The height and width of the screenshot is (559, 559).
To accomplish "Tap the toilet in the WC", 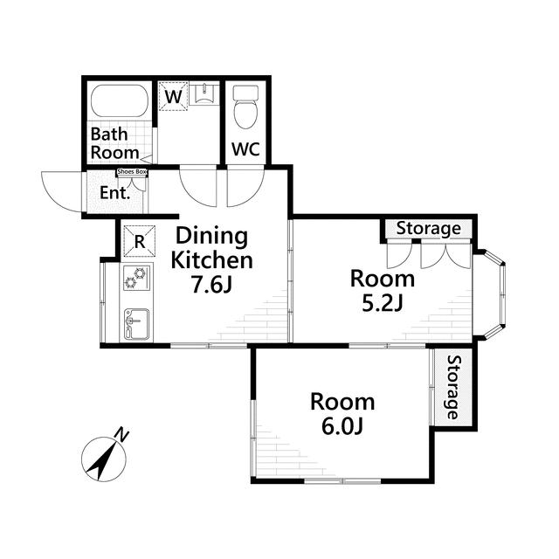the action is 245,107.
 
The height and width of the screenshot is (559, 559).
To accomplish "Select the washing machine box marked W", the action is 173,96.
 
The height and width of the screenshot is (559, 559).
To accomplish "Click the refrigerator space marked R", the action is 140,241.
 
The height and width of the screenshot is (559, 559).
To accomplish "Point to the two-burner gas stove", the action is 136,278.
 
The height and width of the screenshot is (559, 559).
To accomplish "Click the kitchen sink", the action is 136,324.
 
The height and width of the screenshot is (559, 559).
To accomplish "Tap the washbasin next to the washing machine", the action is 204,94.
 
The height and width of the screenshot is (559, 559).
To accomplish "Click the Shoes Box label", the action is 132,172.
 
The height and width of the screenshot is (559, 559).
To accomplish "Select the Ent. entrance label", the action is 114,193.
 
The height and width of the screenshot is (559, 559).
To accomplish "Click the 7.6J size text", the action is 211,285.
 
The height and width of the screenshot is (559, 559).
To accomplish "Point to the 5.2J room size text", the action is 382,303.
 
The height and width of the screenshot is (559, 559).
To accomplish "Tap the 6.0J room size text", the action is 342,426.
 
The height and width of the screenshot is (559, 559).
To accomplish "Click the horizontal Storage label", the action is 429,229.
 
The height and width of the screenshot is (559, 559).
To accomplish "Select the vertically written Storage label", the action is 453,387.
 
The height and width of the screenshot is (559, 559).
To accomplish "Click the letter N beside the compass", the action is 122,435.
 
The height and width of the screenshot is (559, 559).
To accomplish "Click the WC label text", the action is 245,149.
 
